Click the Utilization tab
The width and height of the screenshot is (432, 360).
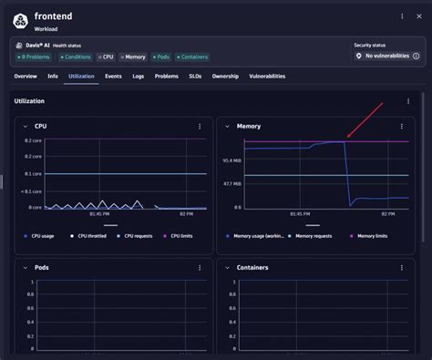click(x=81, y=77)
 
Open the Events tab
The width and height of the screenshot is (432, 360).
click(x=113, y=77)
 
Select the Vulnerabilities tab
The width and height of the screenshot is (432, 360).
click(x=267, y=77)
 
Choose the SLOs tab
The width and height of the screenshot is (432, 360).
click(x=195, y=77)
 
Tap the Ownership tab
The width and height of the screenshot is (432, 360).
click(x=225, y=77)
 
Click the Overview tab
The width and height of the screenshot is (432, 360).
click(x=26, y=77)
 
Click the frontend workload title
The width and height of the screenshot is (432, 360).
click(x=55, y=16)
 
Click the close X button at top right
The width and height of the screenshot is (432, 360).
click(x=420, y=16)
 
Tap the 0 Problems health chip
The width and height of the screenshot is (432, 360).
click(x=34, y=57)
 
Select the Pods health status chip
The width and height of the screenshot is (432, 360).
click(x=160, y=57)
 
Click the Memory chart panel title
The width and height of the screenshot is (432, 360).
click(x=248, y=126)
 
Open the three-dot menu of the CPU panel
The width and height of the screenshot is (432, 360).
click(x=200, y=126)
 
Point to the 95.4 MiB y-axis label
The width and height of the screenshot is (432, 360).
click(x=232, y=160)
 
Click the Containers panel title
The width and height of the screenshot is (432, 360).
click(x=252, y=268)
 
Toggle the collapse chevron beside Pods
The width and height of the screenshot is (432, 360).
click(x=25, y=268)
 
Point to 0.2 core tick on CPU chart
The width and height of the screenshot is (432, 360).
click(x=34, y=141)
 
